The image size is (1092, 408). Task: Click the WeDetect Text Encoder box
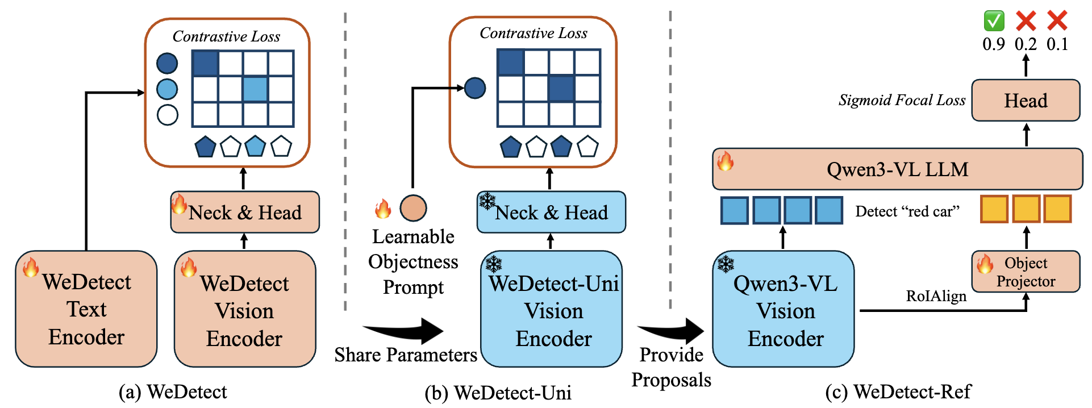coord(86,309)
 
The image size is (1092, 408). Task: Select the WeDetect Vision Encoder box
coord(244,310)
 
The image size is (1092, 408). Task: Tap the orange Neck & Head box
coord(245,213)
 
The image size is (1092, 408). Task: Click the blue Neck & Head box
coord(551,213)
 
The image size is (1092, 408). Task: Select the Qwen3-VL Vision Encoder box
coord(784,310)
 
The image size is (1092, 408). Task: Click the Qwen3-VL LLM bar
coord(897,169)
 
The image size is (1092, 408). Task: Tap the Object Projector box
coord(1026,272)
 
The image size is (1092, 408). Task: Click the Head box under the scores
coord(1026,101)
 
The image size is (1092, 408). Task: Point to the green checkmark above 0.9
coord(994,21)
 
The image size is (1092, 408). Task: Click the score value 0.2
coord(1026,44)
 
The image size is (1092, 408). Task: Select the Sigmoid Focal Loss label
coord(902,101)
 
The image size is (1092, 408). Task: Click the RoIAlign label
coord(936,296)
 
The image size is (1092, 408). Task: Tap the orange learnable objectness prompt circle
coord(413,208)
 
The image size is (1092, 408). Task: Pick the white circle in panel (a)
coord(168,115)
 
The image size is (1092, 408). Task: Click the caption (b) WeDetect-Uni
coord(498,393)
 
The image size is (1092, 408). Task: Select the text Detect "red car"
coord(907,211)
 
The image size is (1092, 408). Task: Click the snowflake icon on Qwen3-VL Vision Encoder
coord(726,264)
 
